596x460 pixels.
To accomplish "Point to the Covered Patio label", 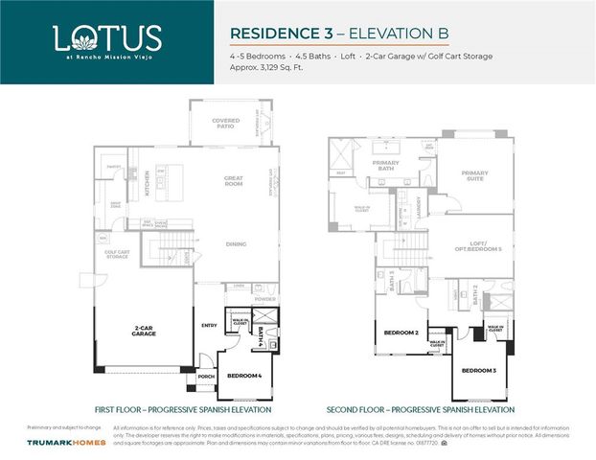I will pyautogui.click(x=226, y=123).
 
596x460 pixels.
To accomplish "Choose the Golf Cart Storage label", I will pyautogui.click(x=117, y=254).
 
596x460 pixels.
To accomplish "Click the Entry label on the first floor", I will pyautogui.click(x=210, y=325).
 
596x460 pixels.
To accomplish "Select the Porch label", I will pyautogui.click(x=206, y=377).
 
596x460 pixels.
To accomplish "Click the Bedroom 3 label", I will pyautogui.click(x=478, y=369).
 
